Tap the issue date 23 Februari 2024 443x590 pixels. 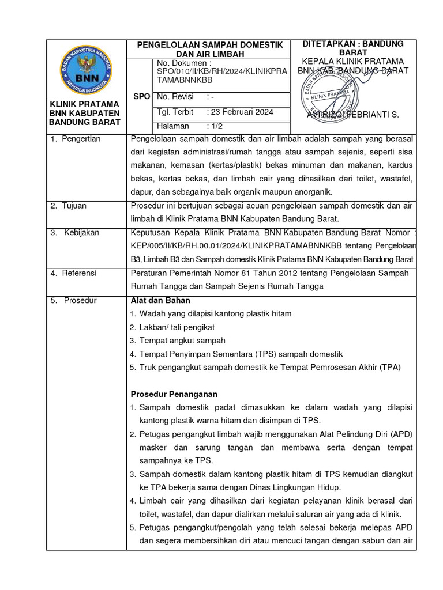[242, 112]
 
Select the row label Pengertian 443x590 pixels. [81, 139]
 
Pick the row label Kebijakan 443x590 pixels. [81, 232]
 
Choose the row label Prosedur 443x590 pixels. [80, 300]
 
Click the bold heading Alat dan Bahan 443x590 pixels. [160, 300]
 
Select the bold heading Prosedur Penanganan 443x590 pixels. [174, 394]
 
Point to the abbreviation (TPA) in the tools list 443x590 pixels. [389, 367]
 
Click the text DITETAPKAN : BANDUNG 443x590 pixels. [354, 44]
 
